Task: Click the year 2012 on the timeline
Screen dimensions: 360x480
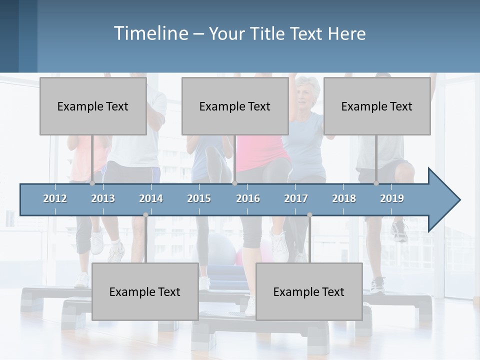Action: pos(55,198)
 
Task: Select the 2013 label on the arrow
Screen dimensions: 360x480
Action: pos(103,198)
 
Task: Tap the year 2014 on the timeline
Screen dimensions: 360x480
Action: pos(151,198)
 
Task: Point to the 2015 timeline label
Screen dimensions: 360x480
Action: pos(199,198)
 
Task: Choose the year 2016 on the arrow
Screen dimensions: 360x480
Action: pos(248,198)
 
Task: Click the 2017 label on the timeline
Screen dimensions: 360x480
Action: pos(296,198)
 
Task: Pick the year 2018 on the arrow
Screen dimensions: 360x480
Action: pos(344,198)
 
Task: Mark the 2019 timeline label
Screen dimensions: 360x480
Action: pos(392,198)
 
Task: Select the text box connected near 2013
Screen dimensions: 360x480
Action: pos(93,106)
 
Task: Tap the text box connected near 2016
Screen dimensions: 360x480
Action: pos(235,106)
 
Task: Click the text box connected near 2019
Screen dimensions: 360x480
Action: pos(377,106)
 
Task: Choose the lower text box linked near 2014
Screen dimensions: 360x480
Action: pos(145,291)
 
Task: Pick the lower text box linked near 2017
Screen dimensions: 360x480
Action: pos(309,291)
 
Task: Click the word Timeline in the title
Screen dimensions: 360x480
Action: pos(150,33)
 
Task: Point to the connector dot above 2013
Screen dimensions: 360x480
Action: pos(92,183)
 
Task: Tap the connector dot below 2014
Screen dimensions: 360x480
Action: pos(145,215)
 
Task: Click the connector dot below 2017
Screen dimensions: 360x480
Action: pos(309,215)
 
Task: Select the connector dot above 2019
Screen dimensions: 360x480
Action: pos(376,183)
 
